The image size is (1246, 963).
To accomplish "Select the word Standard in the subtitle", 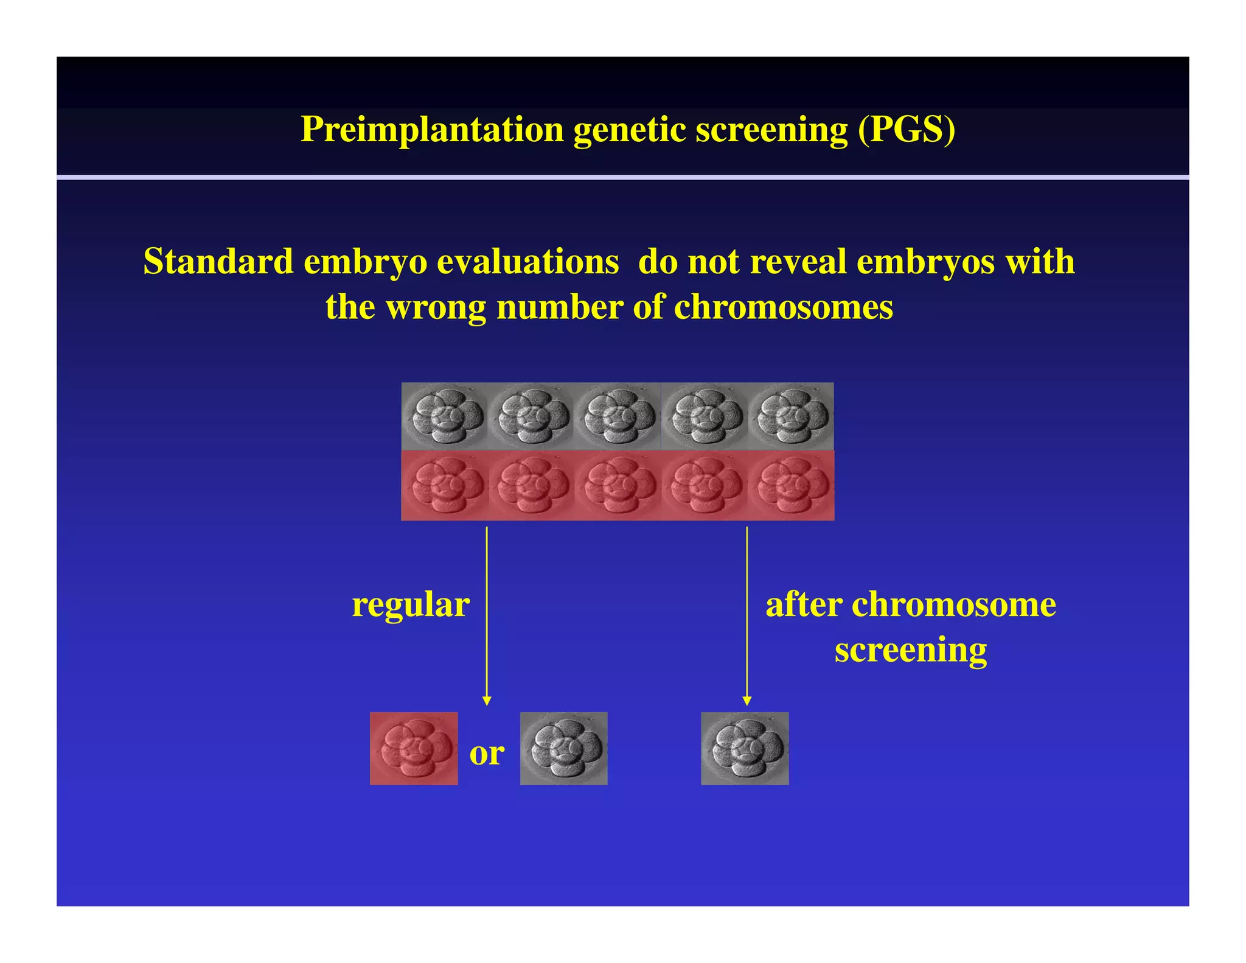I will (x=218, y=262).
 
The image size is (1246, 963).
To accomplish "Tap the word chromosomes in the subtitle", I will (x=783, y=307).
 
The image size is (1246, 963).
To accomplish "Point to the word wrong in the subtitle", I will (x=436, y=307).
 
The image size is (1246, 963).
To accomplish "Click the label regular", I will (x=411, y=605).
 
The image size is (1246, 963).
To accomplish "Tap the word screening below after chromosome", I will (x=910, y=650).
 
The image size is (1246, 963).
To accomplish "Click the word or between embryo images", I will (x=487, y=754).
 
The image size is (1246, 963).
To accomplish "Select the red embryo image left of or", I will (x=414, y=748).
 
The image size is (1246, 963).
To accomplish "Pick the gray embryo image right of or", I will (x=563, y=748).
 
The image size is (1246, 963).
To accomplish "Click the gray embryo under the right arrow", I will (x=745, y=748).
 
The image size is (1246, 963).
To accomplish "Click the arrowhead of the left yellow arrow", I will (x=486, y=701).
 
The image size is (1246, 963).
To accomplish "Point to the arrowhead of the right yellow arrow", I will (x=747, y=701).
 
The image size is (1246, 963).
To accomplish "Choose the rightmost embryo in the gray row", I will (x=791, y=416).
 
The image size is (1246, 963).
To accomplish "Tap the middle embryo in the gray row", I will (x=618, y=416).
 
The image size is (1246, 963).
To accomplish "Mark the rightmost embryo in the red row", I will (x=791, y=486).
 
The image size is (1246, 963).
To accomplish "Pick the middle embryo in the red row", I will (x=618, y=486).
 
